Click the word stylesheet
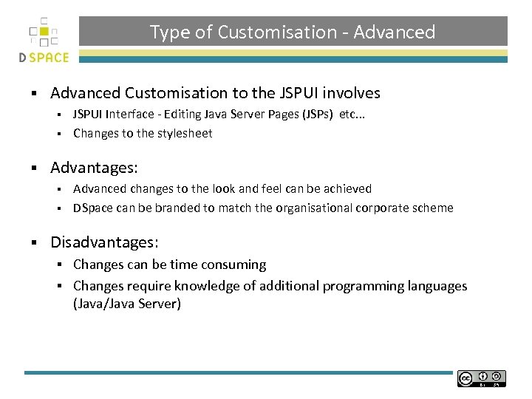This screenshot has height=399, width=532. [184, 134]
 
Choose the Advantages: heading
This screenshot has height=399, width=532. [94, 168]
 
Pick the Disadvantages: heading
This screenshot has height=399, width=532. [104, 242]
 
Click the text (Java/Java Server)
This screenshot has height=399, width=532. [127, 304]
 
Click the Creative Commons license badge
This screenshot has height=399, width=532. [481, 378]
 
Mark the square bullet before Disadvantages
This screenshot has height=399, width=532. [34, 243]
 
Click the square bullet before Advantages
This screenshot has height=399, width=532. [34, 168]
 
